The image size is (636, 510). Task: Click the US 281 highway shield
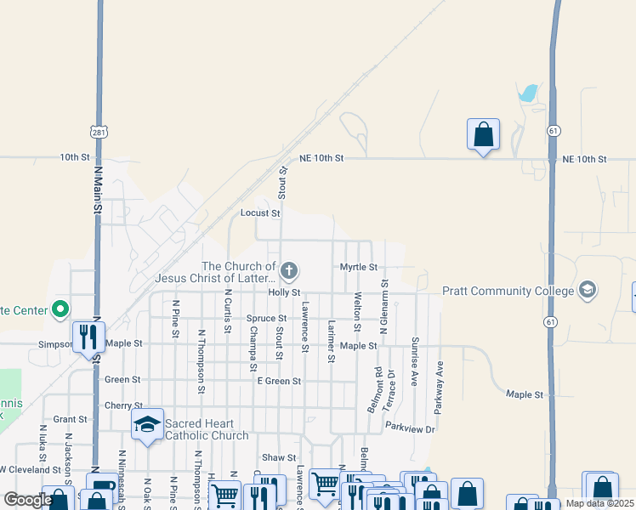click(99, 132)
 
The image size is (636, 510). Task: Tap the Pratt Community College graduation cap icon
click(587, 291)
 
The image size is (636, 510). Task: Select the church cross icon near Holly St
click(289, 272)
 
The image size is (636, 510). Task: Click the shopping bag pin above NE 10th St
click(483, 135)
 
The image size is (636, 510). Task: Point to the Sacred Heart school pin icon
click(147, 425)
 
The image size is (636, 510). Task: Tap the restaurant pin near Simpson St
click(88, 338)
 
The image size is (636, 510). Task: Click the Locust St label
click(260, 213)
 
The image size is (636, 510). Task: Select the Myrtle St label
click(359, 267)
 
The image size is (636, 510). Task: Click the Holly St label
click(285, 292)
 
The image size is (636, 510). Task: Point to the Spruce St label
click(266, 319)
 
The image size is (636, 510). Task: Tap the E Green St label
click(279, 382)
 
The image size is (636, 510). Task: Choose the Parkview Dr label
click(410, 429)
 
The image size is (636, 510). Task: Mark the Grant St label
click(71, 419)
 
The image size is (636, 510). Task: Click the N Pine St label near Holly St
click(175, 314)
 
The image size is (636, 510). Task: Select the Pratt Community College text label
click(508, 291)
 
